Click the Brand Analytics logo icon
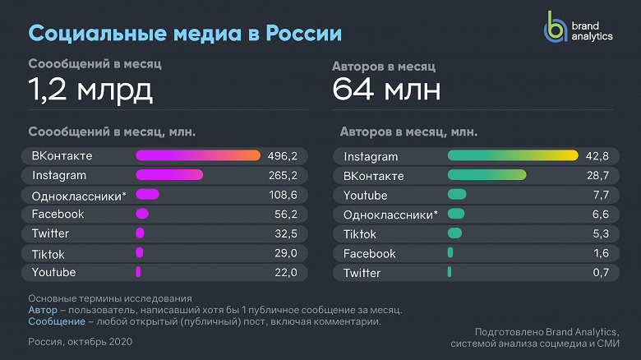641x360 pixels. (x=556, y=28)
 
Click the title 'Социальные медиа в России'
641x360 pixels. (x=185, y=34)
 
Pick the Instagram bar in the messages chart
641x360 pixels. (x=169, y=175)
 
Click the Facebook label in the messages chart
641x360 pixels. (x=58, y=214)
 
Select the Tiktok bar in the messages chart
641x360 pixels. (x=140, y=253)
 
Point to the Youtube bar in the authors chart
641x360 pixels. (x=457, y=195)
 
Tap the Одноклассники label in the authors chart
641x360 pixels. (x=390, y=215)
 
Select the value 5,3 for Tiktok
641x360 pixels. (x=600, y=234)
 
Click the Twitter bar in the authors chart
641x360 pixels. (x=450, y=272)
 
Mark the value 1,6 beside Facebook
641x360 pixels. (x=601, y=253)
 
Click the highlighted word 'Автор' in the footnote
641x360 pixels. (x=43, y=310)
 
